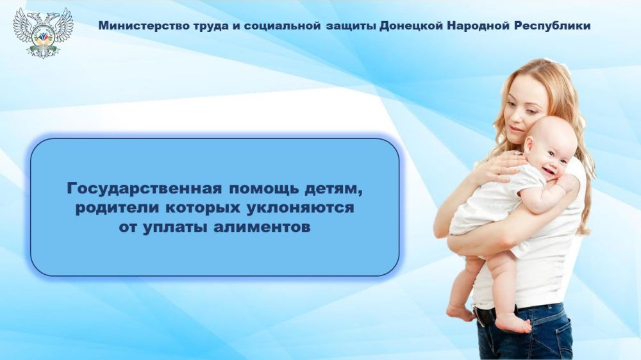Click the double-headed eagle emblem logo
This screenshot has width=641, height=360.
(43, 32)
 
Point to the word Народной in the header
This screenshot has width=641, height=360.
(478, 26)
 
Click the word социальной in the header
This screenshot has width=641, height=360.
(264, 26)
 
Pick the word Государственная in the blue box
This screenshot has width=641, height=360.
(145, 189)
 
